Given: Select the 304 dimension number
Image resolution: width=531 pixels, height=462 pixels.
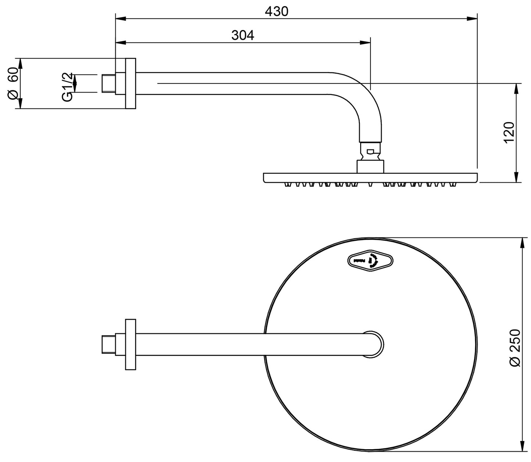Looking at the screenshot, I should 243,36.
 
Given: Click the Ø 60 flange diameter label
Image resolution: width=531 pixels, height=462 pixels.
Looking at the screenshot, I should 13,83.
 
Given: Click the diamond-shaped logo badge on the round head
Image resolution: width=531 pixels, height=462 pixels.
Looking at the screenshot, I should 370,261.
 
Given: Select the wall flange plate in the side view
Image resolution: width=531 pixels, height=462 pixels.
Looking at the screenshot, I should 130,83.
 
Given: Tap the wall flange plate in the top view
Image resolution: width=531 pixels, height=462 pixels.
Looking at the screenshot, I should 130,344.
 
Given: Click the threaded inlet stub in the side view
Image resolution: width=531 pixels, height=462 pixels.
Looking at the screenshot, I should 108,83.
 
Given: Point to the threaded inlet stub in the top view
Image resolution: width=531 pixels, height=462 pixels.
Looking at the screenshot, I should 108,344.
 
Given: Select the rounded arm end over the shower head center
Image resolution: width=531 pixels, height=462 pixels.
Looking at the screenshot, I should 374,344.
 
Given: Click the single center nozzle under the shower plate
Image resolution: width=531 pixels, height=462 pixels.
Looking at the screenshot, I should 370,184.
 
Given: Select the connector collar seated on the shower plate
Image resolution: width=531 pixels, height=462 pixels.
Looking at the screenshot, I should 370,166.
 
